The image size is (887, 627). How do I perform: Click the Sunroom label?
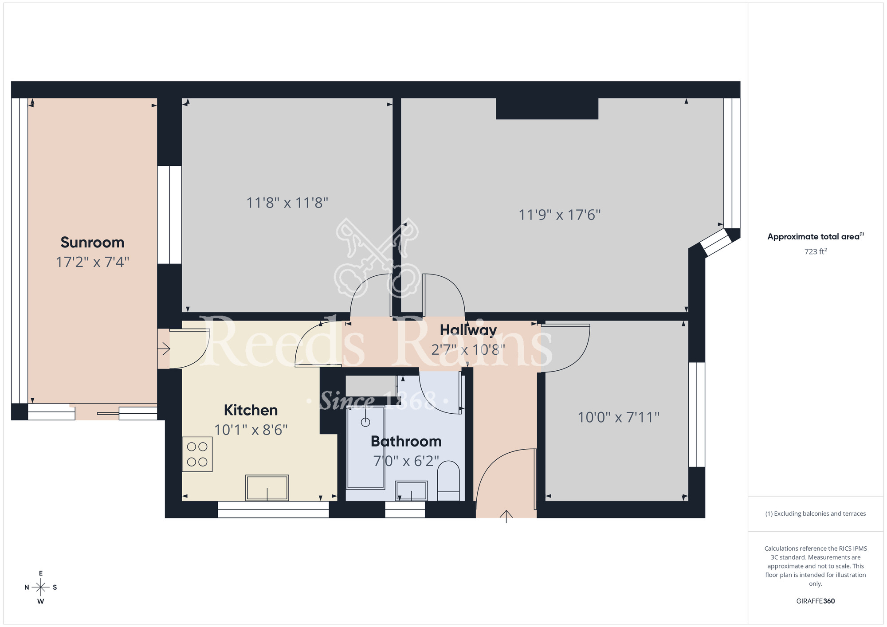coord(92,243)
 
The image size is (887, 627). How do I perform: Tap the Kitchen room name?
coord(251,410)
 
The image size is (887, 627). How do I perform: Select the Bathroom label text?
coord(406,442)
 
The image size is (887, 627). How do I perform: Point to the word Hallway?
coord(468,330)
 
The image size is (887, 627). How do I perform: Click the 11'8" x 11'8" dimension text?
coord(287,203)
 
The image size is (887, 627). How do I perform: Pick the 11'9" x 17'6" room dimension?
coord(559,215)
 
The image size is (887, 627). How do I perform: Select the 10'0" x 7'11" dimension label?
coord(618,417)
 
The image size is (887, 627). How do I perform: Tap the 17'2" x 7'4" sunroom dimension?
coord(92,262)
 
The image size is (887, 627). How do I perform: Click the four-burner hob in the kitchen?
coord(197,455)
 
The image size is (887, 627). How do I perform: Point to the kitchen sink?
coord(267,488)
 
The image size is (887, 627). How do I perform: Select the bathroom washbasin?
coord(411,491)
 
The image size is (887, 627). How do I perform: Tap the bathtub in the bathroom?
coord(365,448)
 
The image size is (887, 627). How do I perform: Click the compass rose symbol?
coord(41,588)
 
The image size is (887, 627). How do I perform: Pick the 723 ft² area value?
coord(815,252)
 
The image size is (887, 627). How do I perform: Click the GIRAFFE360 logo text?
coord(815,601)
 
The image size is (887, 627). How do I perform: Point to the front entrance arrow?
coord(506,516)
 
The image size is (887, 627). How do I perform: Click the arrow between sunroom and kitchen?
coord(164,349)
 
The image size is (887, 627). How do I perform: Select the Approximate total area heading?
coord(815,237)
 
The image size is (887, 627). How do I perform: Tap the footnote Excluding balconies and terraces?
coord(815,514)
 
